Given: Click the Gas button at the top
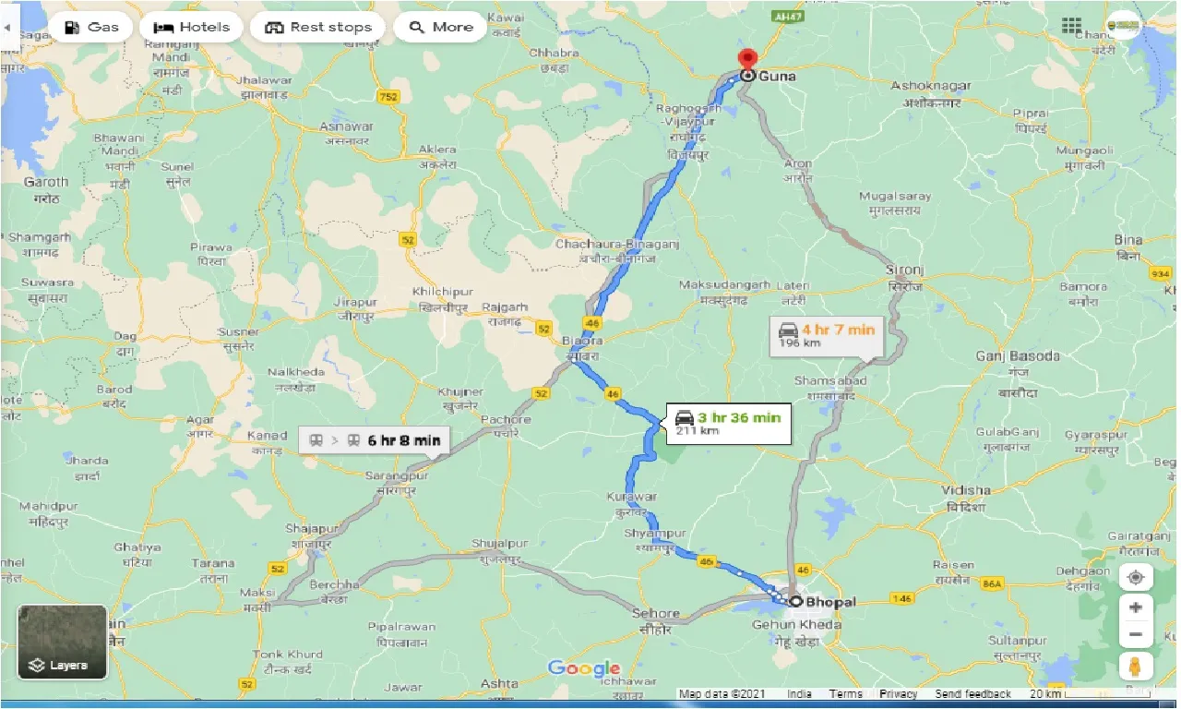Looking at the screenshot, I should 90,27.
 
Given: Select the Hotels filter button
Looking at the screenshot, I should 191,27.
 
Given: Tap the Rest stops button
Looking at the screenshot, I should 317,27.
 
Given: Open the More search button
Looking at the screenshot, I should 440,27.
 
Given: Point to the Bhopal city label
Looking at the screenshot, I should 830,602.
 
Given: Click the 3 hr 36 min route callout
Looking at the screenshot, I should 729,423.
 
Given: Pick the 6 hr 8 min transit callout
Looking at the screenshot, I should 374,440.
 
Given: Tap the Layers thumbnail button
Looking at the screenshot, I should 63,643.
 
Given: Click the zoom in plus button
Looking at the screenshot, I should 1136,607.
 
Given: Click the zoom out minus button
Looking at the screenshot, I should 1136,635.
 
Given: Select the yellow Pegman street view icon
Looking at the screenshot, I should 1136,666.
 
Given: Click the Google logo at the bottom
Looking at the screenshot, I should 583,668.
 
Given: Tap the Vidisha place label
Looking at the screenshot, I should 967,490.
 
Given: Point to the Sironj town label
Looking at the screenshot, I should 904,270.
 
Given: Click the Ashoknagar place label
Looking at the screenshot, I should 930,86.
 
